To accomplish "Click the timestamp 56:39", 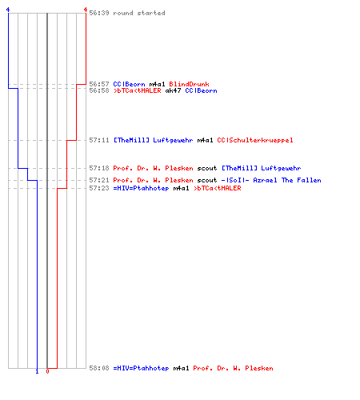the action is [99, 13].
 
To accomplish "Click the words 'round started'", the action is [139, 13].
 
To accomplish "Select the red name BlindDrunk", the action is [189, 84].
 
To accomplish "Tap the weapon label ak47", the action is [173, 90].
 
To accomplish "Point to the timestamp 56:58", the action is [99, 90].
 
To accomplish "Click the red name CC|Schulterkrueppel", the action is [255, 140].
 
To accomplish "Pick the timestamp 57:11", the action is [99, 140].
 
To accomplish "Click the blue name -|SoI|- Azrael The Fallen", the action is [271, 180].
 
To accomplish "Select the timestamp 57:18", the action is [99, 168].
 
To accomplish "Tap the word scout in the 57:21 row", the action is [207, 180].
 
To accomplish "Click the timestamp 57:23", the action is [99, 188].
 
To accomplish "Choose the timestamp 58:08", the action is [99, 368].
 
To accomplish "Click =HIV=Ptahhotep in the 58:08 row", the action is [141, 369].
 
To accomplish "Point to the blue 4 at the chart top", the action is [8, 10].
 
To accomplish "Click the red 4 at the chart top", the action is [86, 10].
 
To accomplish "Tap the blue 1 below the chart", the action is [37, 371].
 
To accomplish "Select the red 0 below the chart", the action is [47, 371].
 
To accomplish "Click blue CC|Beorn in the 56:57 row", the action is [129, 84].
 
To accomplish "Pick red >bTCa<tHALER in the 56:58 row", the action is [137, 90].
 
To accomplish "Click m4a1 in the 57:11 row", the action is [205, 140].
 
